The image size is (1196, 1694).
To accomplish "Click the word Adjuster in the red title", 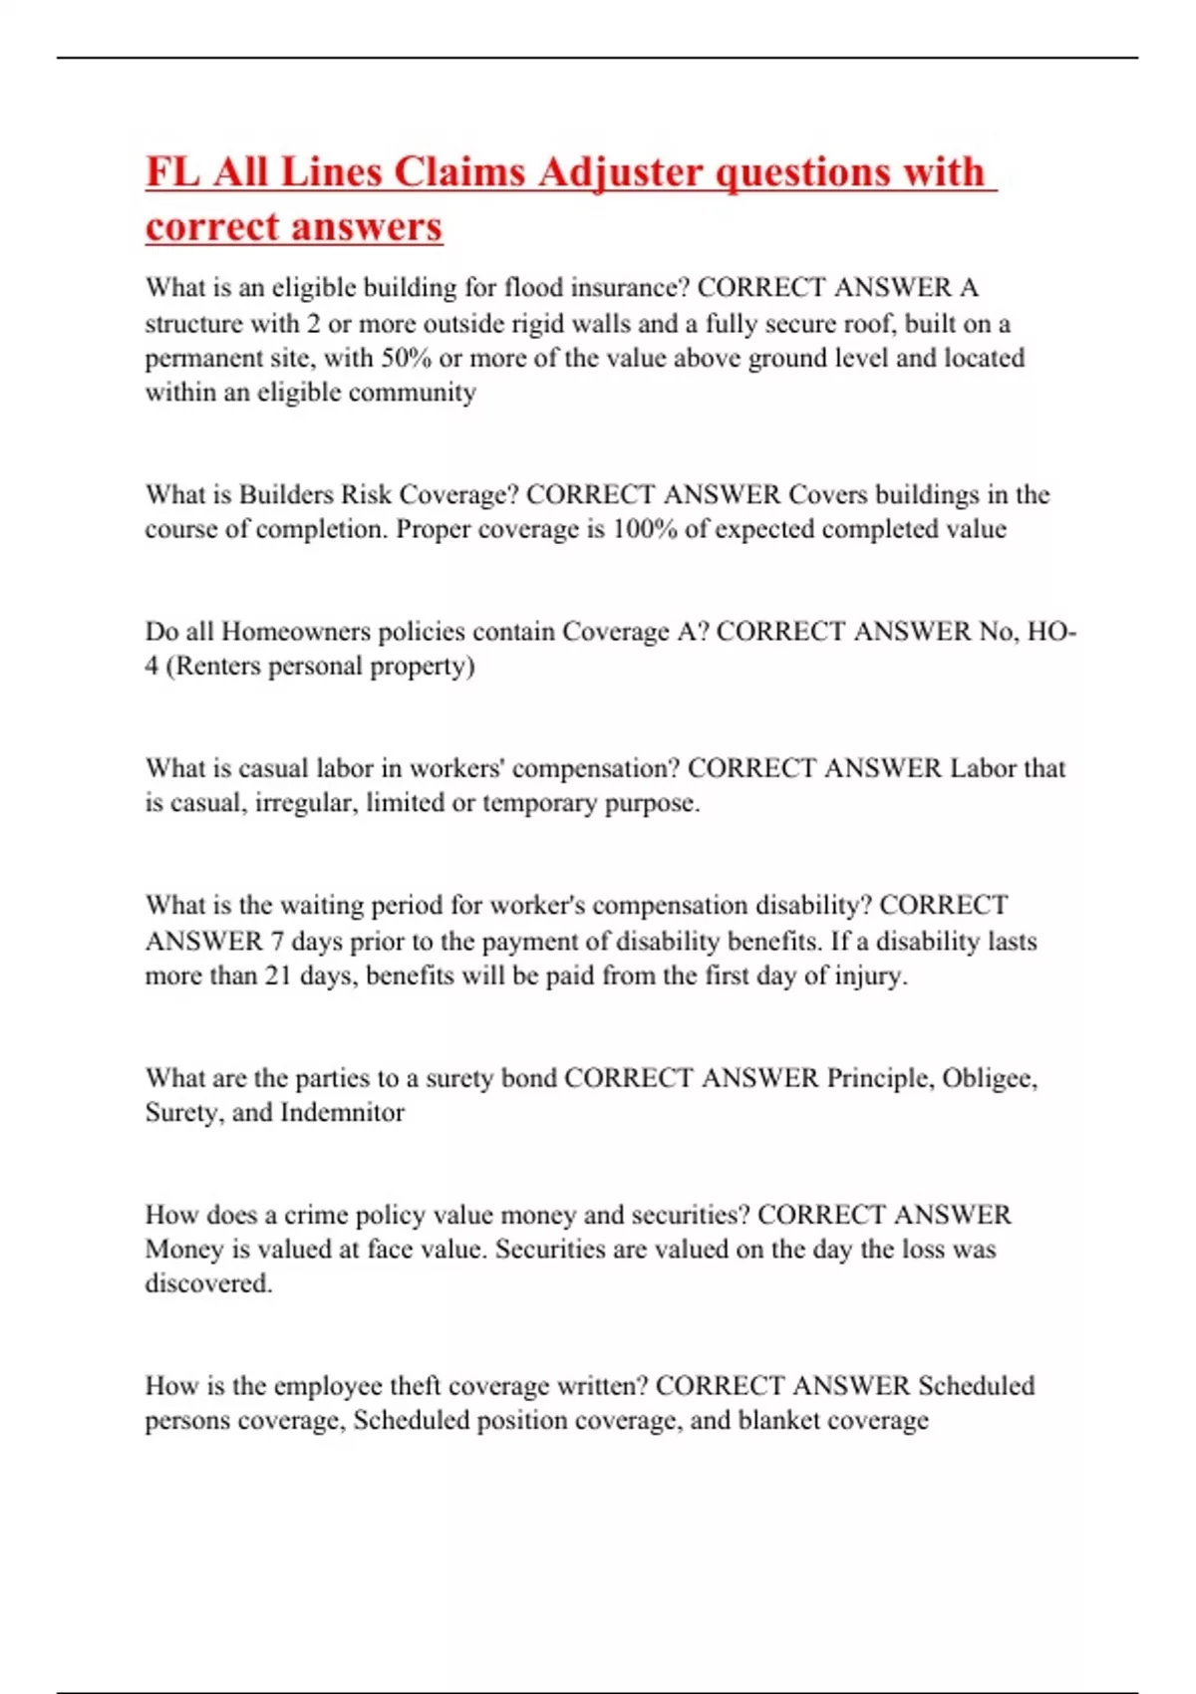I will coord(620,172).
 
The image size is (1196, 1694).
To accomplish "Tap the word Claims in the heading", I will coord(462,172).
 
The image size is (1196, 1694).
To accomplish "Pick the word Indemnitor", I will coord(342,1113).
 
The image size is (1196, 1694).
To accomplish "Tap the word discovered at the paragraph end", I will coord(207,1283).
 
